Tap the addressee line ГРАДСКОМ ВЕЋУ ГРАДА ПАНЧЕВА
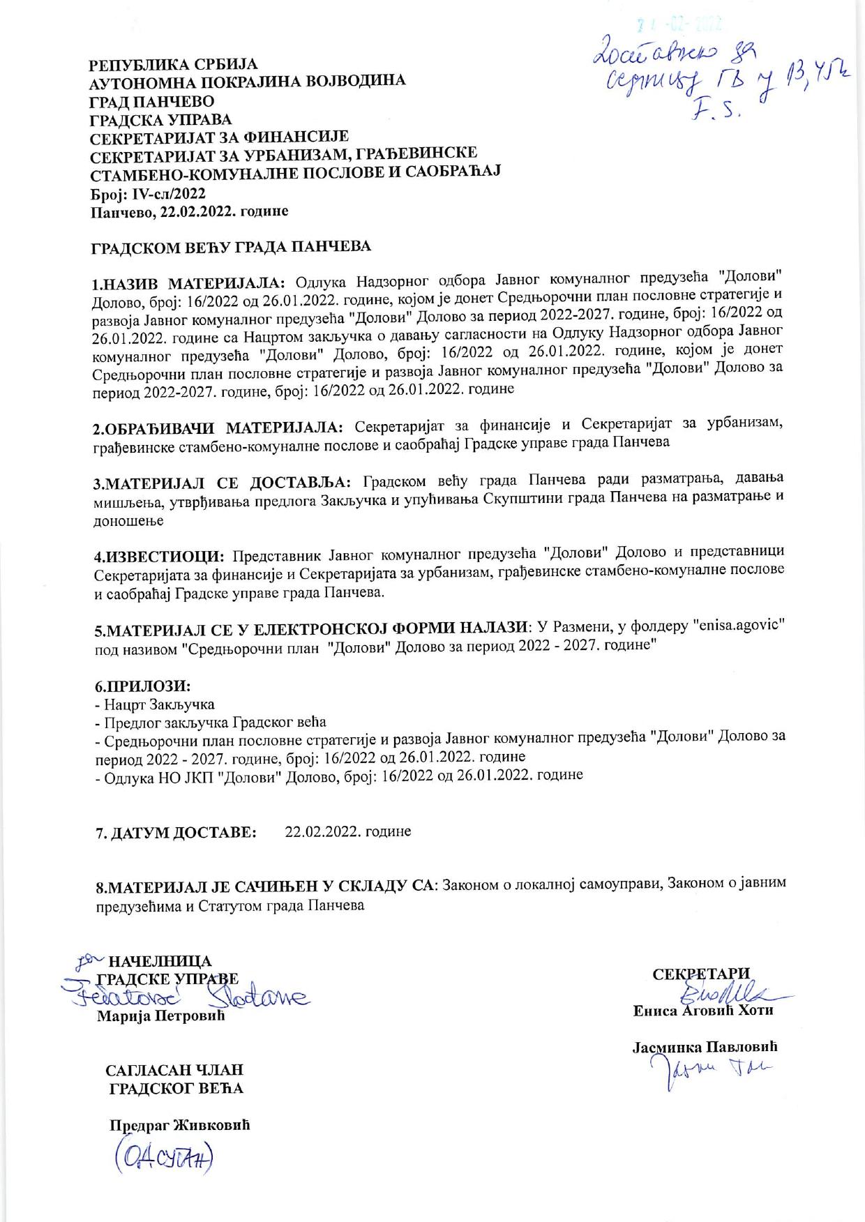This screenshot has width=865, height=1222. coord(233,246)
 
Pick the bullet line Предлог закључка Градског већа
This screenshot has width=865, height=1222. coord(211,722)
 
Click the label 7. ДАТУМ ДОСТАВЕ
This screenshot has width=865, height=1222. coord(176,833)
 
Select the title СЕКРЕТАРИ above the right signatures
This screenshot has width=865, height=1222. coord(701,974)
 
